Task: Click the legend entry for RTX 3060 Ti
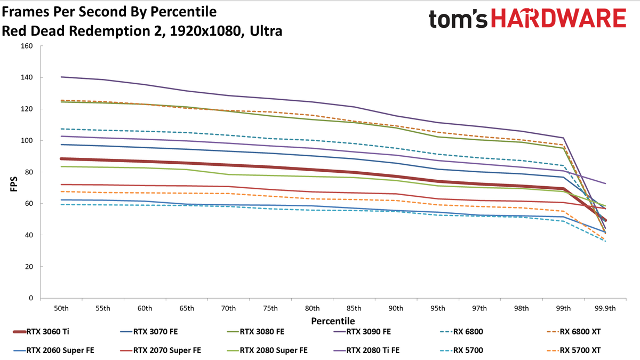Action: point(41,332)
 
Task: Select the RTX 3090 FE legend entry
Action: point(362,332)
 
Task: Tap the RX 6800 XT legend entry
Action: point(574,332)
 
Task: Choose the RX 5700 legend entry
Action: point(462,350)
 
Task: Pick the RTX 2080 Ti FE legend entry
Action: point(366,350)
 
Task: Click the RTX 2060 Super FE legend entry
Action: point(54,350)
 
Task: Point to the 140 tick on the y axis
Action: point(27,77)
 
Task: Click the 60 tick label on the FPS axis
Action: point(29,203)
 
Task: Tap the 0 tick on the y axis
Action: point(31,298)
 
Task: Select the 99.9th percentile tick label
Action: point(605,309)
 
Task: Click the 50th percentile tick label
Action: point(61,309)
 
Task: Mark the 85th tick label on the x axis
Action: point(354,309)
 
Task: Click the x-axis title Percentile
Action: point(333,321)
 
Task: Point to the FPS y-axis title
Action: point(14,185)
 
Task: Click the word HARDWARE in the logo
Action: point(559,18)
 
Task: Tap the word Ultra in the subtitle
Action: point(266,31)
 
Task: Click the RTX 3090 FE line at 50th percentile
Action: point(61,77)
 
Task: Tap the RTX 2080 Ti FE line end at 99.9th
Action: point(605,183)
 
